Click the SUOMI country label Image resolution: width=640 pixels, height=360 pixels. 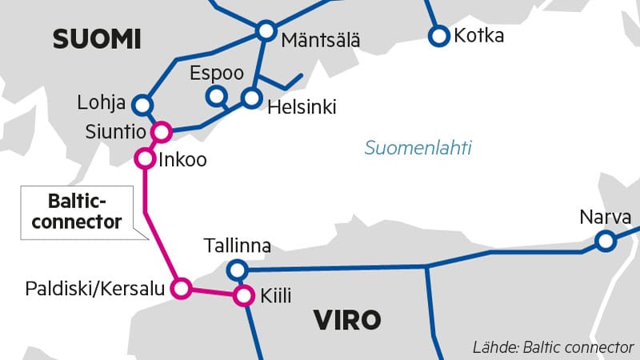tap(96, 38)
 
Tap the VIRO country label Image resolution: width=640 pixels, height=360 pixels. tap(347, 321)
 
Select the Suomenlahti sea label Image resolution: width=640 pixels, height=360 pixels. tap(418, 148)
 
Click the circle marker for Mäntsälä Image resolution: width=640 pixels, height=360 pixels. tap(266, 31)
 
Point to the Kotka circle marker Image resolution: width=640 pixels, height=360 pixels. tap(438, 35)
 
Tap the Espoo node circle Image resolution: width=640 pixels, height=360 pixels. tap(215, 97)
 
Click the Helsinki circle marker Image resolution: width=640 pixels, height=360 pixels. tap(252, 98)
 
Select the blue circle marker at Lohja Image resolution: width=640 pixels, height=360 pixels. tap(142, 104)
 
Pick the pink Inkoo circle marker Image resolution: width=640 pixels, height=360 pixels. tap(145, 158)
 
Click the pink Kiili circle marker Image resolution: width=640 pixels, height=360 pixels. tap(242, 296)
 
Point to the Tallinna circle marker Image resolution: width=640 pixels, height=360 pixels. tap(236, 270)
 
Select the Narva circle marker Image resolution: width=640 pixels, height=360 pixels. tap(605, 240)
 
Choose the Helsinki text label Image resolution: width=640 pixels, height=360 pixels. tap(302, 106)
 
